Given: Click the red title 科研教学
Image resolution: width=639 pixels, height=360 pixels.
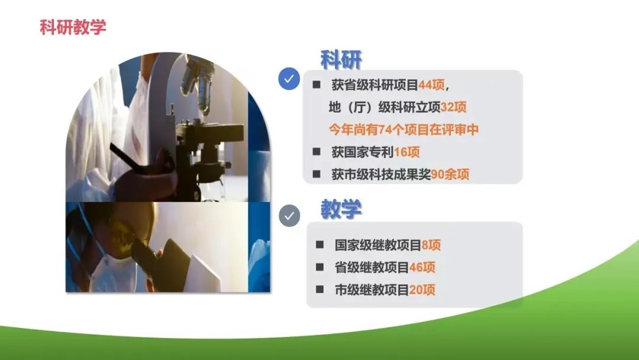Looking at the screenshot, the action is point(73,27).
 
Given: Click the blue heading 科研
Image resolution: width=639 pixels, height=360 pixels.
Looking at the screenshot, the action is point(341,60).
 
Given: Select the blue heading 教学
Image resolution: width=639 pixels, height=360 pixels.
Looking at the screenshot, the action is point(341,209).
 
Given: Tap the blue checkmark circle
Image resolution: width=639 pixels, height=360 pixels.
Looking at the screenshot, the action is point(289,79).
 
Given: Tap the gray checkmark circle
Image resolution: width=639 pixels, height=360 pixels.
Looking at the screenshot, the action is point(289,216).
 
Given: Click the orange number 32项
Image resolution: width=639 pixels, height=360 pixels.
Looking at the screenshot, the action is point(454,107).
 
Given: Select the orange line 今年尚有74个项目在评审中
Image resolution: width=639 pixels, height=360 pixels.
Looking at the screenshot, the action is point(404,130).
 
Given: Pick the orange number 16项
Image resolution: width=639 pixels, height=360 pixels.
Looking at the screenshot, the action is point(406,152).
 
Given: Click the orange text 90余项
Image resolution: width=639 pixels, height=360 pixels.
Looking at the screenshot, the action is point(450,175).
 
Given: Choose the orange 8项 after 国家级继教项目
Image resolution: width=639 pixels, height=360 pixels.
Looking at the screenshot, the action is point(431,245).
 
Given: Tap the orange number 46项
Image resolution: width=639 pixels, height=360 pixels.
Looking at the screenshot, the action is point(422,268).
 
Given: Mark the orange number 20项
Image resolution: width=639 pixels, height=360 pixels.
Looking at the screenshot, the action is point(422,290).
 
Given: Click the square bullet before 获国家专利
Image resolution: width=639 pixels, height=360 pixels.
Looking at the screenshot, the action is point(317,152).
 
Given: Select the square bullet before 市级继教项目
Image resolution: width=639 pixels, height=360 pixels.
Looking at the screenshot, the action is point(319,290).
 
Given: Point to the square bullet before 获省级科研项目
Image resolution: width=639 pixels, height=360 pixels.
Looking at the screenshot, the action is point(317,85).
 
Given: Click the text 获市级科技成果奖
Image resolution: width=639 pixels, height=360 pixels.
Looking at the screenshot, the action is point(381,175).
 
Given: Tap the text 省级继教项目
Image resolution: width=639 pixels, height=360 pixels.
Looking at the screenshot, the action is point(372,268).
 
